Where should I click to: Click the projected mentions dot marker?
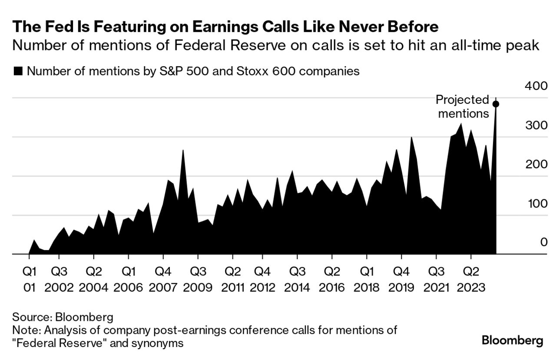(496, 104)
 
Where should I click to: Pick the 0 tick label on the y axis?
(543, 242)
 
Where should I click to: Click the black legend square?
(18, 71)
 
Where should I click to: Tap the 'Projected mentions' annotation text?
(463, 107)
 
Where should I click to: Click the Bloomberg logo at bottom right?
(512, 340)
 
